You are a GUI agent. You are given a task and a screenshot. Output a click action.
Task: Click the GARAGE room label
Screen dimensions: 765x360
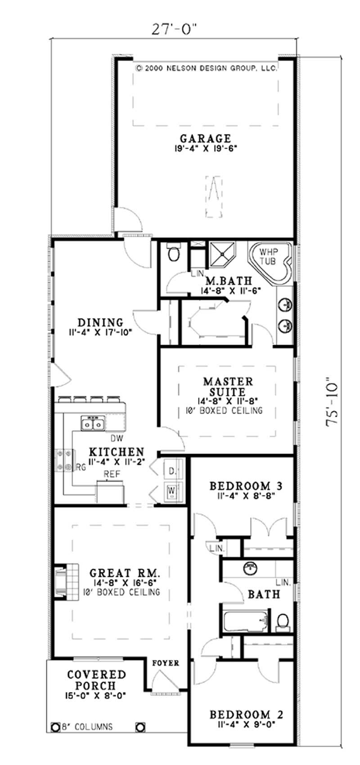205,139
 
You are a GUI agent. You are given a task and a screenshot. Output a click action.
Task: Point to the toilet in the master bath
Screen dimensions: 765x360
173,253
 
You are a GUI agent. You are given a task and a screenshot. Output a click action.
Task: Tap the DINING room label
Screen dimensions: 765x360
100,323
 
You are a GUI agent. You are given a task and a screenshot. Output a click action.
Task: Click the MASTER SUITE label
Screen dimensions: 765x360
228,387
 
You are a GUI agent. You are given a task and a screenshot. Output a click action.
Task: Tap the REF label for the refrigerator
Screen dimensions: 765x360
111,474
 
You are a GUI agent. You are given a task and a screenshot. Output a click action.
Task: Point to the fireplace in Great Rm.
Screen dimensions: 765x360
60,580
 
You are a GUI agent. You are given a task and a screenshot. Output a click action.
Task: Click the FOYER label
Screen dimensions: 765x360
166,663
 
